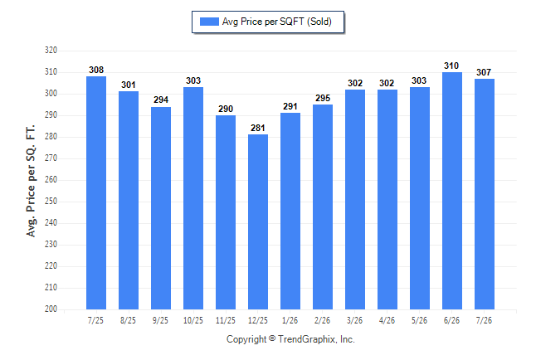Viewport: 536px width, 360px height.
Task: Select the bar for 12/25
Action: tap(258, 221)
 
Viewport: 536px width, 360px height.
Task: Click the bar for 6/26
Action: tap(452, 191)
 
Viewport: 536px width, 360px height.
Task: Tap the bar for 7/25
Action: tap(96, 192)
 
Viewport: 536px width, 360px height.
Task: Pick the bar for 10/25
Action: tap(193, 198)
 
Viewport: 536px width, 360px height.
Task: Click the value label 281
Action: tap(258, 128)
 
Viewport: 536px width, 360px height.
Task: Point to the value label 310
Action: tap(451, 66)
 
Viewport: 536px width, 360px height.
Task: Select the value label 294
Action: tap(161, 100)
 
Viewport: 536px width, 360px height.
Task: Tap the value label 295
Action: tap(323, 98)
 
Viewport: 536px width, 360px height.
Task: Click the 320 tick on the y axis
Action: tap(51, 51)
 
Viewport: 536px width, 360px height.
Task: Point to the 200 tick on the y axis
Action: tap(51, 309)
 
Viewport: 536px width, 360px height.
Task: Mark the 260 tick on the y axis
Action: tap(51, 179)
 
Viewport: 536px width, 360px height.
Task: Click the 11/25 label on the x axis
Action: tap(226, 320)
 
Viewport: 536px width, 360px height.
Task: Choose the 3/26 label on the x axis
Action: tap(355, 320)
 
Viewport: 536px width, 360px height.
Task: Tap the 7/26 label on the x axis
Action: tap(484, 320)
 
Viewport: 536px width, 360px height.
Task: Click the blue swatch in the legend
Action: tap(209, 22)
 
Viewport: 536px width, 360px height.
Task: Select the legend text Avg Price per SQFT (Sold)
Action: tap(277, 22)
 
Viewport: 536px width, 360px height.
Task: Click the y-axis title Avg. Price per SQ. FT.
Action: tap(31, 181)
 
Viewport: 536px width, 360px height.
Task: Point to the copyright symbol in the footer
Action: tap(272, 338)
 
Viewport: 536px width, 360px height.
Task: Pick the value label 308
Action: tap(96, 70)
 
